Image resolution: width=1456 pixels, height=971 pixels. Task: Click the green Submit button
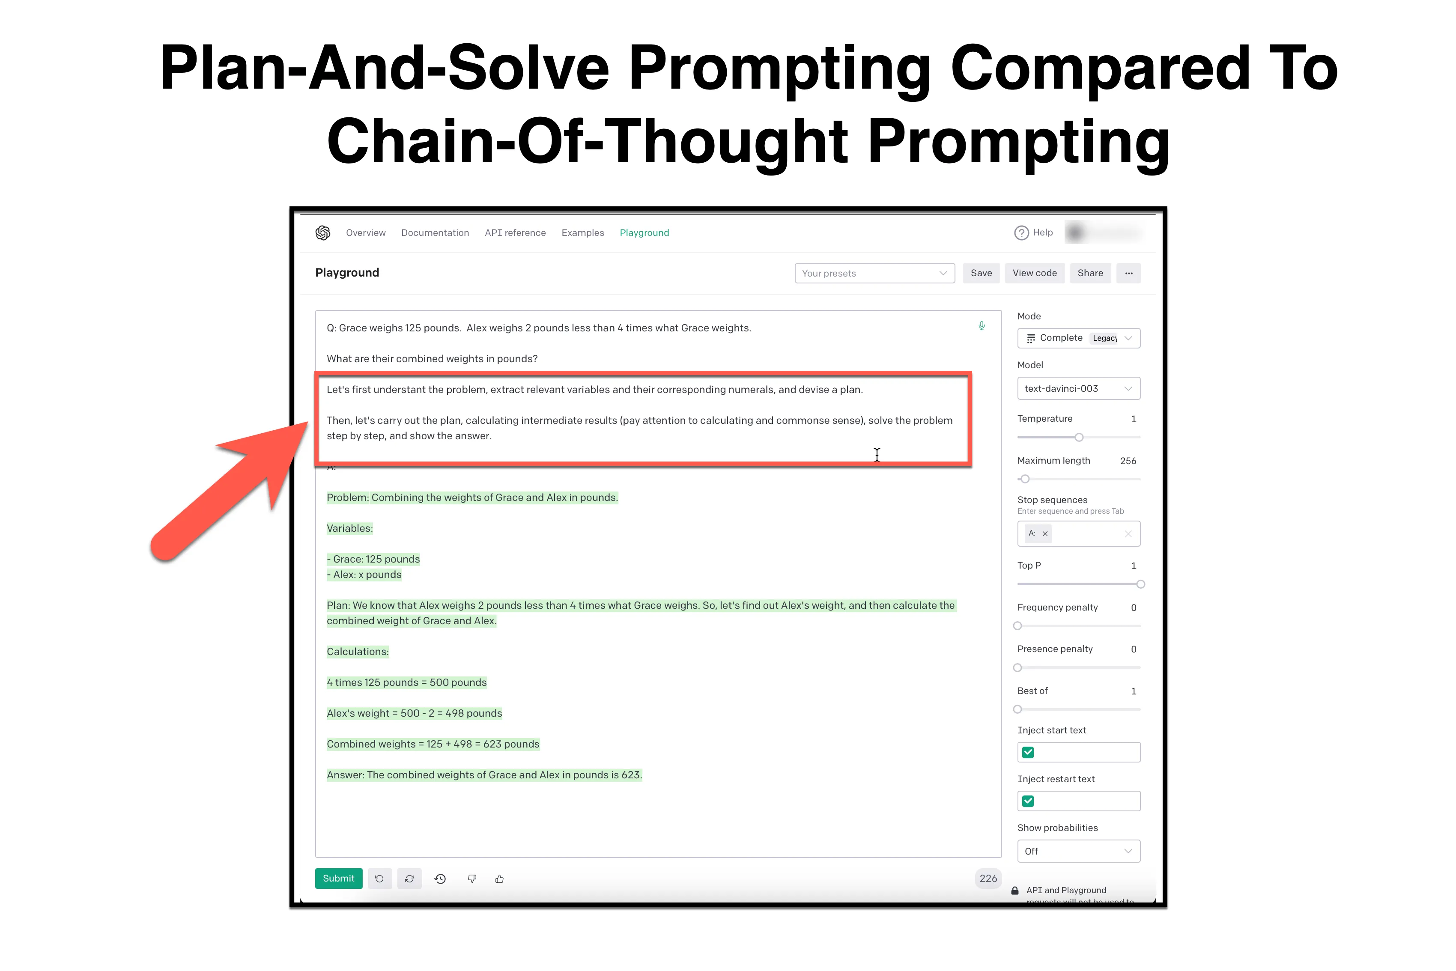tap(338, 878)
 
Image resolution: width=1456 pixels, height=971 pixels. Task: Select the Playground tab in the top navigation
tap(644, 233)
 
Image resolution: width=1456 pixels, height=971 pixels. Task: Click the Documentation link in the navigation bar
tap(435, 233)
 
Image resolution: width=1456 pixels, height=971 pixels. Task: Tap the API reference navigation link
tap(515, 233)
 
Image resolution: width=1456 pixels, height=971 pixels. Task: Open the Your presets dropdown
tap(874, 273)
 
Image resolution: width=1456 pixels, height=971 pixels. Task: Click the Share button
tap(1090, 273)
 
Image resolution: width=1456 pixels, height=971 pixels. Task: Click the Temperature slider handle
tap(1079, 437)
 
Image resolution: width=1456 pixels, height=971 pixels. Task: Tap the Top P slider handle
tap(1140, 584)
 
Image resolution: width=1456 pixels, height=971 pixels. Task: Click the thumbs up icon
tap(500, 879)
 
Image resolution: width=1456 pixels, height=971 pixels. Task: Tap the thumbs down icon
tap(472, 879)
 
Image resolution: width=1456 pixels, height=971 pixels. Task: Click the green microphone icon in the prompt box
tap(982, 326)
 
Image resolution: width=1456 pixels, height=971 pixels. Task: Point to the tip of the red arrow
tap(307, 423)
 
